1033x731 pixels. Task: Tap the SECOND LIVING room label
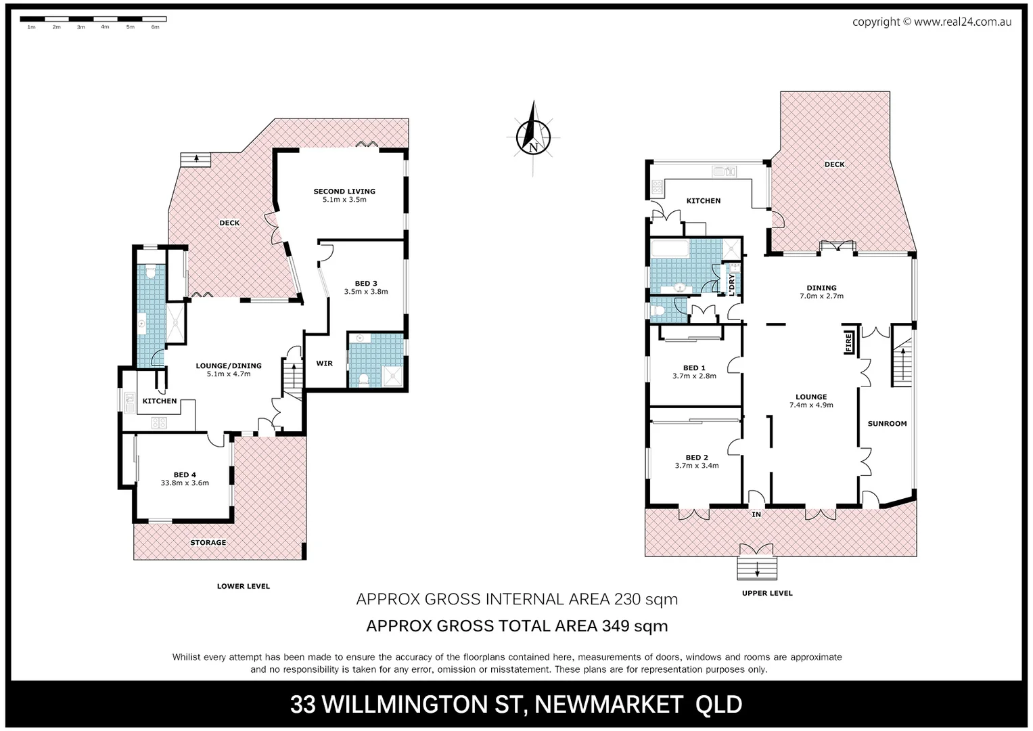pyautogui.click(x=344, y=192)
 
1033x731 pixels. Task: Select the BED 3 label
pyautogui.click(x=365, y=284)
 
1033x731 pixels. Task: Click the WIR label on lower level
pyautogui.click(x=324, y=363)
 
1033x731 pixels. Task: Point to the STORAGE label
pyautogui.click(x=208, y=543)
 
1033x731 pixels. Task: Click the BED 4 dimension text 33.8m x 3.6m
pyautogui.click(x=185, y=483)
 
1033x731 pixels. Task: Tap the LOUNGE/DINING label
pyautogui.click(x=228, y=365)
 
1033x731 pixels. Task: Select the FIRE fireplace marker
pyautogui.click(x=848, y=342)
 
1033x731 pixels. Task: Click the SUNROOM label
pyautogui.click(x=887, y=424)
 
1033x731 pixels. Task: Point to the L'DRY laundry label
pyautogui.click(x=731, y=284)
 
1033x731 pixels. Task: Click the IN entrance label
pyautogui.click(x=756, y=515)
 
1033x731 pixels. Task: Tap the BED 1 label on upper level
pyautogui.click(x=694, y=368)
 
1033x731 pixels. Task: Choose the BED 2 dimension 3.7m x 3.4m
pyautogui.click(x=697, y=466)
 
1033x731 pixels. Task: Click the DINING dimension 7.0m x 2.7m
pyautogui.click(x=821, y=296)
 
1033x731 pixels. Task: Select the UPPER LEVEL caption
pyautogui.click(x=767, y=593)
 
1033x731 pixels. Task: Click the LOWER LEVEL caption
pyautogui.click(x=243, y=586)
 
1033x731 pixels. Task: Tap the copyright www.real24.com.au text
pyautogui.click(x=932, y=22)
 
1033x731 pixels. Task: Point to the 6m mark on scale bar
pyautogui.click(x=155, y=27)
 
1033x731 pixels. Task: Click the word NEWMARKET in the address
pyautogui.click(x=608, y=705)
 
